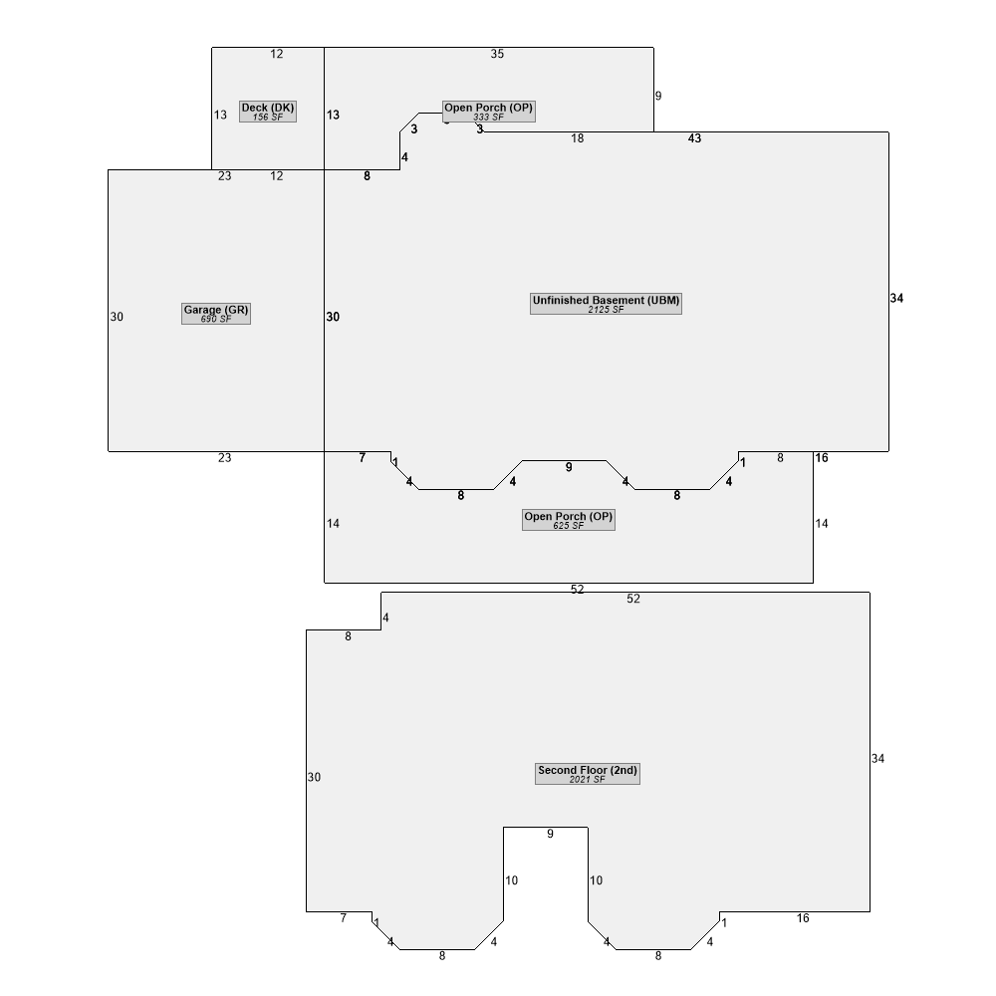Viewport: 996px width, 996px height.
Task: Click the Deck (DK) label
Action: click(267, 112)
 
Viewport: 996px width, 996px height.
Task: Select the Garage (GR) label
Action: click(216, 313)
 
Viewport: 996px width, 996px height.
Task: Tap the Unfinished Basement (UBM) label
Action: click(606, 304)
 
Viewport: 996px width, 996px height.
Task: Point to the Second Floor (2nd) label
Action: click(588, 774)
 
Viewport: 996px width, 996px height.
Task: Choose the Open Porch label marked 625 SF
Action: click(569, 520)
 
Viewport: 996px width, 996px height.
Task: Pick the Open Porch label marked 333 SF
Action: click(488, 112)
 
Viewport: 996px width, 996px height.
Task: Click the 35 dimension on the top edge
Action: click(497, 54)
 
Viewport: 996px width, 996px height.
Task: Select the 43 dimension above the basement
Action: click(695, 138)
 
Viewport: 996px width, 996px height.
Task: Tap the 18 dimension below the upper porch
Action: click(578, 138)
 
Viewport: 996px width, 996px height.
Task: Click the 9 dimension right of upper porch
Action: click(658, 96)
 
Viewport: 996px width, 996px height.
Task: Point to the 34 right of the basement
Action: click(897, 298)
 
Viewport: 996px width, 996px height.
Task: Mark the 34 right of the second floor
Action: click(877, 758)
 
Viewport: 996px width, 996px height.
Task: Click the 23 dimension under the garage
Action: click(225, 458)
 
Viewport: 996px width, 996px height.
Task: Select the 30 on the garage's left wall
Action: click(117, 317)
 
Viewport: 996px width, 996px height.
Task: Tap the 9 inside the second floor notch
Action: click(550, 834)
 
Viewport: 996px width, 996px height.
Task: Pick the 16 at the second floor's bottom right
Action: click(803, 918)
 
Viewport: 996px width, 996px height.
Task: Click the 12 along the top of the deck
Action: click(276, 54)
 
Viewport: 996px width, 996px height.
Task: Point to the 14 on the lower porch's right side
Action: click(822, 524)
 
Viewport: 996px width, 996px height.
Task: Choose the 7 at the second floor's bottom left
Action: click(344, 918)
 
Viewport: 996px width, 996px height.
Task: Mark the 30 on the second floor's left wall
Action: click(315, 778)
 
